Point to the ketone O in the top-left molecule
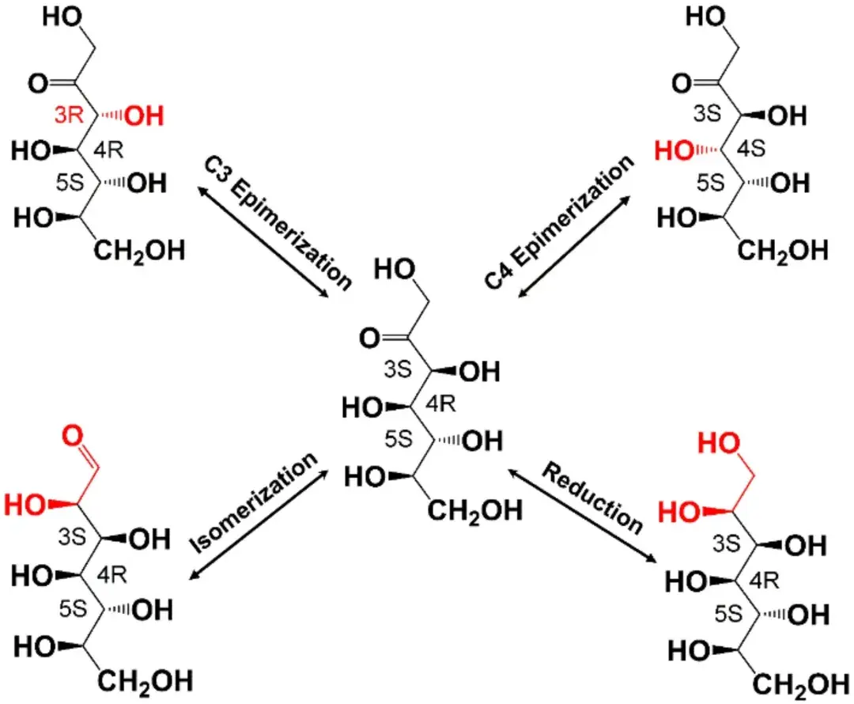pyautogui.click(x=36, y=82)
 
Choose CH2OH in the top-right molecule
pyautogui.click(x=784, y=251)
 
